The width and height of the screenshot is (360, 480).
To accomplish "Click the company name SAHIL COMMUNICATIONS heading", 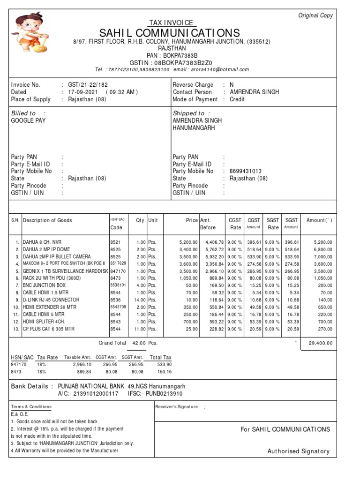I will tap(170, 33).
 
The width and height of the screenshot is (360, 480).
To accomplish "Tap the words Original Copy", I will tap(315, 15).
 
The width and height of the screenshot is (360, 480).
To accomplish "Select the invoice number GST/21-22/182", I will tap(88, 85).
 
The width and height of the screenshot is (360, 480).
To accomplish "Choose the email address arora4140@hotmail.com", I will tap(223, 69).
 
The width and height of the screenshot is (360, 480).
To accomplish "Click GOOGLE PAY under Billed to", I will tap(29, 120).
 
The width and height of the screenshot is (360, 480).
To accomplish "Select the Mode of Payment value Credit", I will tap(237, 99).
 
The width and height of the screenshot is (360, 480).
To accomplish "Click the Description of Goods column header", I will tap(48, 220).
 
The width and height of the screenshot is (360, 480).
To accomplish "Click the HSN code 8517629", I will tap(118, 264).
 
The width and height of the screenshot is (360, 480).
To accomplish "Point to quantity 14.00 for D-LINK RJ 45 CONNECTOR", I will tap(139, 300).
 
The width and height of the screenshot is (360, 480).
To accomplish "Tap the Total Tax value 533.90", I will tap(164, 364).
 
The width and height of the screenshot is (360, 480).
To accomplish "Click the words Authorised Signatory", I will tap(298, 451).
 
